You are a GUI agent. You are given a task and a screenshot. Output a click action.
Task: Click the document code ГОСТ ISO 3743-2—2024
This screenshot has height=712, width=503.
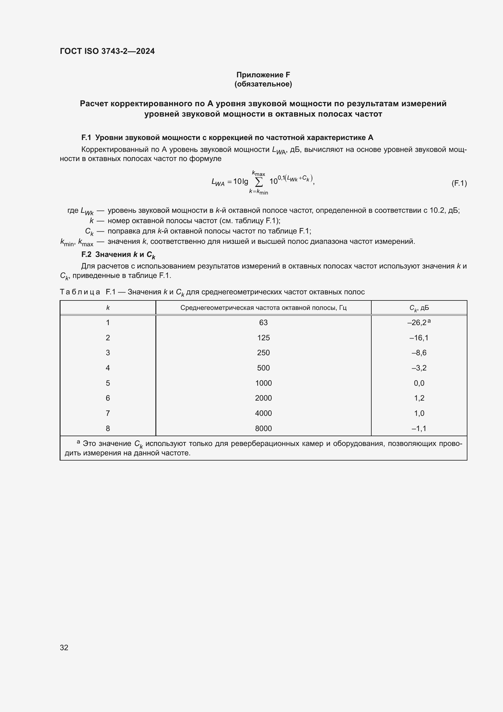pos(107,51)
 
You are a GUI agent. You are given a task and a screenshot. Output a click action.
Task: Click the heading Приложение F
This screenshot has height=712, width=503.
pos(263,75)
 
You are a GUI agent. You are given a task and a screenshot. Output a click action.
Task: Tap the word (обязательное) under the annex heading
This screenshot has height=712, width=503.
pos(263,84)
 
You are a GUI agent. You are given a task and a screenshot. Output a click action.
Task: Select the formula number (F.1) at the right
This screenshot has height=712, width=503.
pos(459,183)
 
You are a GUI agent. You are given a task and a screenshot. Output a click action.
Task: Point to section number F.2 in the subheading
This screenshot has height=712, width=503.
pos(86,254)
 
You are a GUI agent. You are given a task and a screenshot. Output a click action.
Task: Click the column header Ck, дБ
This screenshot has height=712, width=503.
pos(419,308)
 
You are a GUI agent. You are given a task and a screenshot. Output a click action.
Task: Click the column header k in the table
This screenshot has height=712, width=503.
pos(108,308)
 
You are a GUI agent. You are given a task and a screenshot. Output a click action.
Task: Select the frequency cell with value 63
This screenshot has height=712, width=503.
pos(263,322)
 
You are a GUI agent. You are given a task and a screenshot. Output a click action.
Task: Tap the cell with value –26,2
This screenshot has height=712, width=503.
pos(417,322)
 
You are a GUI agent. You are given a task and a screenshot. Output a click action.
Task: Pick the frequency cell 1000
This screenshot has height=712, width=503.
pos(263,383)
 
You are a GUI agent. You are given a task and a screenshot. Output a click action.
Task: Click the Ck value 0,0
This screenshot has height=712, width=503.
pos(419,383)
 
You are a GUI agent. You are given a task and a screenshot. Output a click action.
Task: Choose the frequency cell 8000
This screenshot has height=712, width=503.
pos(263,428)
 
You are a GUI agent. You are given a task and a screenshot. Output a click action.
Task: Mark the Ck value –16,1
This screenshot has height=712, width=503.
pos(419,338)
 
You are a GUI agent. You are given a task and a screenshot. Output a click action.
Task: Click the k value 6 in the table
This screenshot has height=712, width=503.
pos(108,398)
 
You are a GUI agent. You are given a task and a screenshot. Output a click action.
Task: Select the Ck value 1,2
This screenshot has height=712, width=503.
pos(419,398)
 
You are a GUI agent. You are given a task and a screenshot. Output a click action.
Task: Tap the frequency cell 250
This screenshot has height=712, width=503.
pos(263,352)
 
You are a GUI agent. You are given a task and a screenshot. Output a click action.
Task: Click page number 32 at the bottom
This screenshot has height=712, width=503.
pos(64,647)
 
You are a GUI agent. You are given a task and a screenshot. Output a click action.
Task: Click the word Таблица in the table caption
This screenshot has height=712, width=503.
pos(80,292)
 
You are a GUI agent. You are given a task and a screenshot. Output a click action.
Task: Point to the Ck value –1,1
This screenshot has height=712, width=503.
pos(419,428)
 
